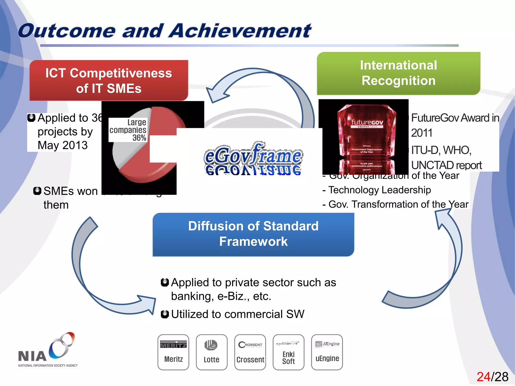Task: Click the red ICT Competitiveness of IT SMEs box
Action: point(109,80)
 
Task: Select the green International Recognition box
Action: point(399,73)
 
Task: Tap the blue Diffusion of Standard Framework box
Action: point(253,234)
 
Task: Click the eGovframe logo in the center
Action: point(253,157)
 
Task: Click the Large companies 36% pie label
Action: point(128,130)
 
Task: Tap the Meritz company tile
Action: point(173,352)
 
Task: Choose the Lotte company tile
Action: point(211,352)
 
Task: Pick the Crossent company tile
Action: point(250,352)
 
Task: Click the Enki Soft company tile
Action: point(288,352)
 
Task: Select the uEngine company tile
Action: point(327,352)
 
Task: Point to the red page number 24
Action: point(483,377)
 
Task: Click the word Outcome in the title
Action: point(67,31)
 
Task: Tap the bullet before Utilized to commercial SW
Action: point(165,314)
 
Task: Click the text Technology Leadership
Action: point(380,190)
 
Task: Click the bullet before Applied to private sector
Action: point(165,282)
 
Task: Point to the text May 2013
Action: point(63,145)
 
